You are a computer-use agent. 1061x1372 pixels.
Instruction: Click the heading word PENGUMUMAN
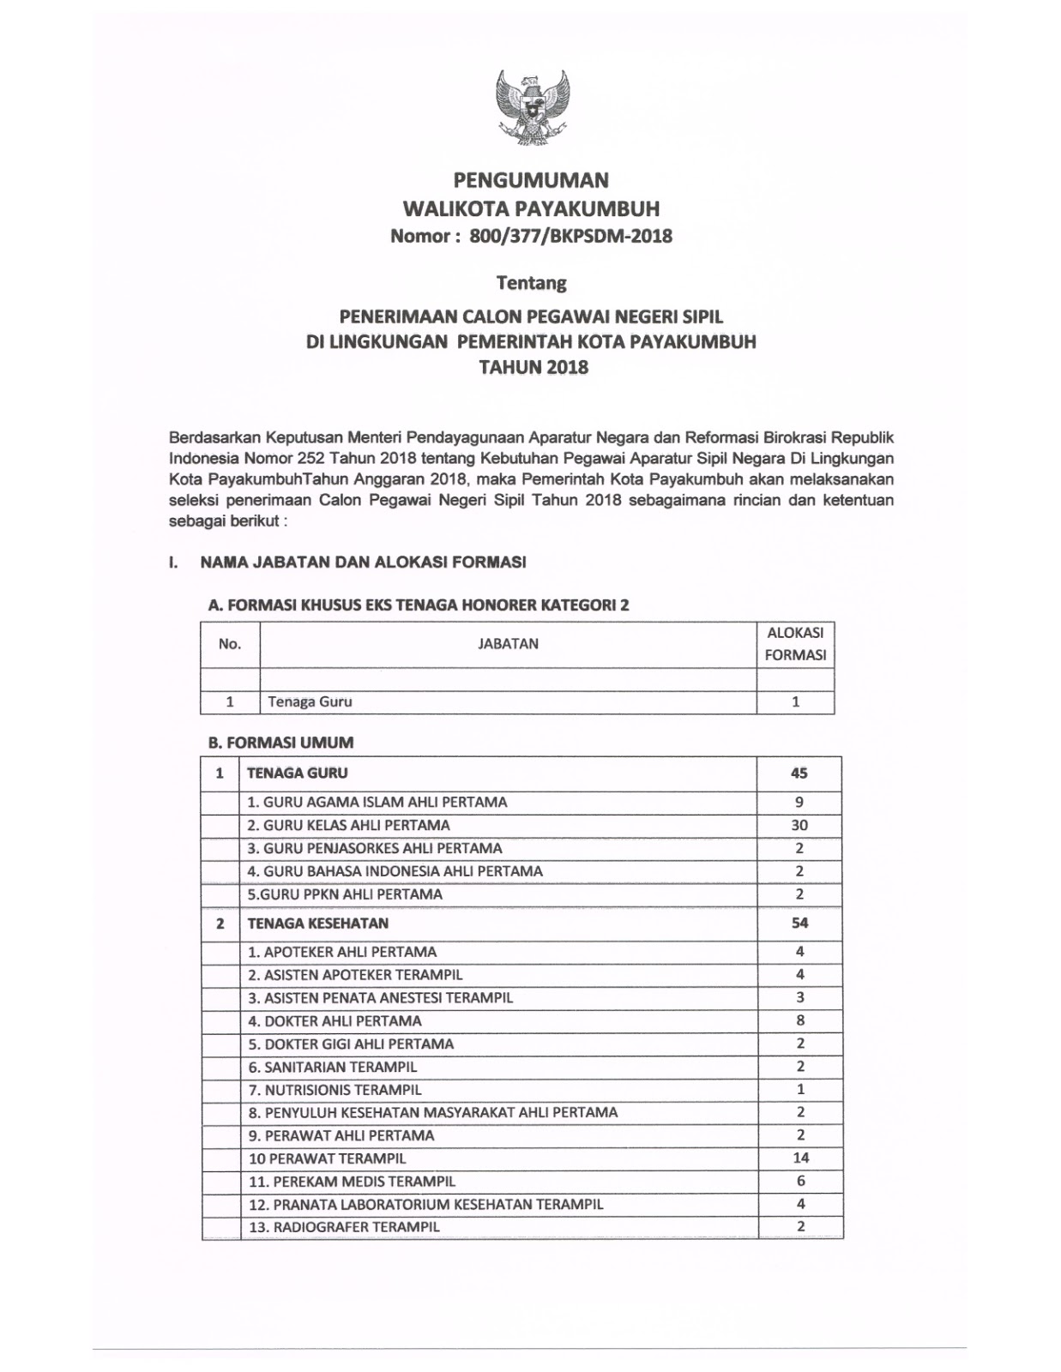coord(531,180)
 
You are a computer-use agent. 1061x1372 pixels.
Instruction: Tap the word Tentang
coord(532,282)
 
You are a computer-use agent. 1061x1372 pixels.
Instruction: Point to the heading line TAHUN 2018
coord(532,367)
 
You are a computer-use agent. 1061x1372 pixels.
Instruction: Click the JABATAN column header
coord(508,644)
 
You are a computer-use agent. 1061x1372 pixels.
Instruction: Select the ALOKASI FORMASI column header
coord(795,644)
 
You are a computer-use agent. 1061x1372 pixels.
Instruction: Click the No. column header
coord(230,644)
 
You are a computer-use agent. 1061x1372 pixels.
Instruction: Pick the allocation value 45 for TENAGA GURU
coord(799,773)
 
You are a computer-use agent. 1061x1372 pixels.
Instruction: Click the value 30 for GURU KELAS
coord(799,825)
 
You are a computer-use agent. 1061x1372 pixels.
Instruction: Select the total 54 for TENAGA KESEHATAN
coord(799,924)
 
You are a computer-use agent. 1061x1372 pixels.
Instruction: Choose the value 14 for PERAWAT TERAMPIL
coord(800,1158)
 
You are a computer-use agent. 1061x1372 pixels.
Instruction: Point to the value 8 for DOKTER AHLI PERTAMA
coord(800,1020)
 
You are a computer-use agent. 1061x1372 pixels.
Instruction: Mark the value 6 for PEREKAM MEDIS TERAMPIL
coord(800,1181)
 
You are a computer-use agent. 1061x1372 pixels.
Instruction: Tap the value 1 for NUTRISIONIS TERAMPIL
coord(800,1090)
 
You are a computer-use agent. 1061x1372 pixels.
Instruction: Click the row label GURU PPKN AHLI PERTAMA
coord(345,894)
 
